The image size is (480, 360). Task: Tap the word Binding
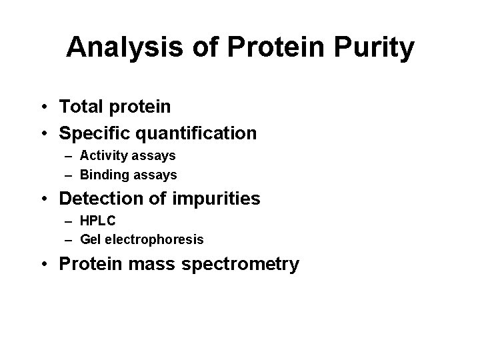101,175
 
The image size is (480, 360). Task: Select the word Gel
89,239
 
